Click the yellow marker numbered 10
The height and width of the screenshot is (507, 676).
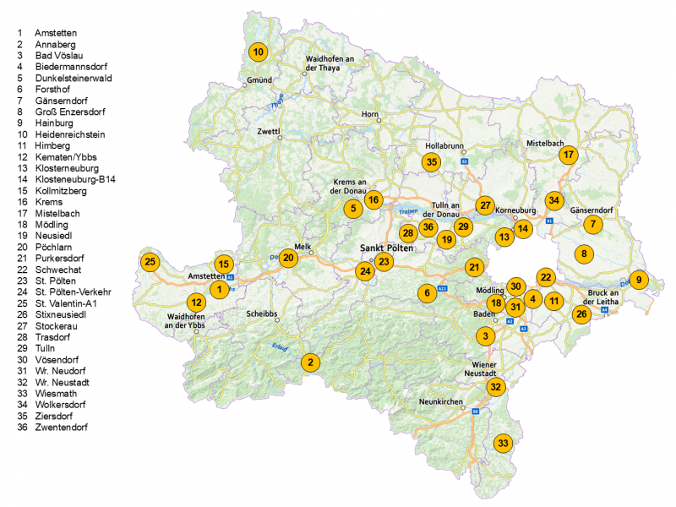[x=259, y=52]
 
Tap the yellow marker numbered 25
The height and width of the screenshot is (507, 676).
[x=150, y=261]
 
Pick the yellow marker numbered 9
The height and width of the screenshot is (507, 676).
[x=639, y=280]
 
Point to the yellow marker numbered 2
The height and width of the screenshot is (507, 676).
[x=311, y=362]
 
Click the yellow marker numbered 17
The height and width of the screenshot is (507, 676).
[x=569, y=155]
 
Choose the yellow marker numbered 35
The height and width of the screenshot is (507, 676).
[x=432, y=162]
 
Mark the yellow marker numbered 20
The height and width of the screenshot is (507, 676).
[x=288, y=258]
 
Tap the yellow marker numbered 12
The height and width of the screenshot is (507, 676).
[x=196, y=302]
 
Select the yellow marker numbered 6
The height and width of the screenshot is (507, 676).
[x=428, y=293]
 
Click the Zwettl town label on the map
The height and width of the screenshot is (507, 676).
[x=268, y=131]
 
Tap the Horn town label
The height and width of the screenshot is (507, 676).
[x=369, y=113]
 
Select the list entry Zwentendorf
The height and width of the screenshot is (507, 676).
[x=61, y=427]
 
